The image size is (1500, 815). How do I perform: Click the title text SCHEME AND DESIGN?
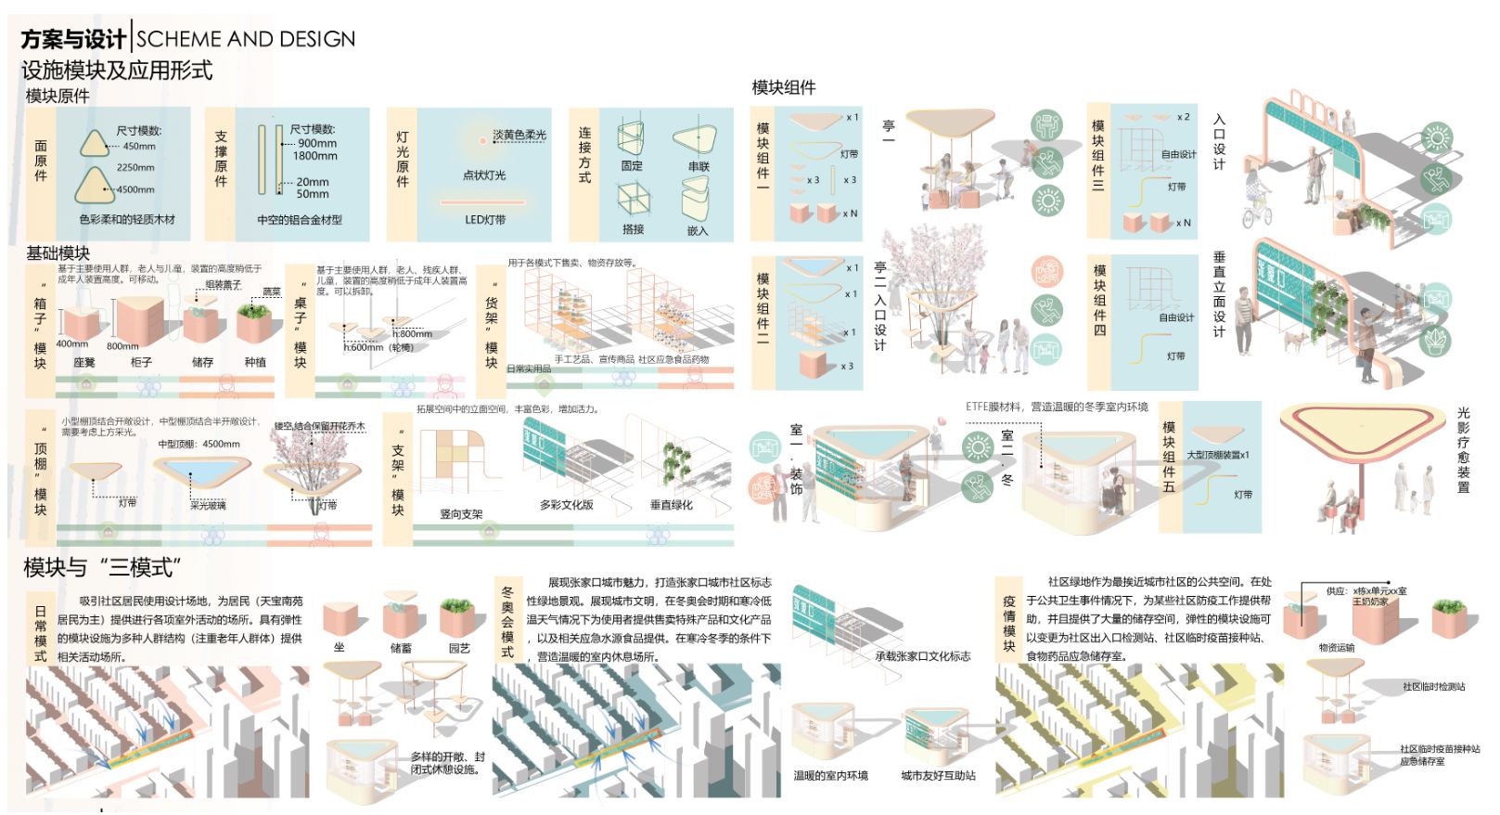(246, 39)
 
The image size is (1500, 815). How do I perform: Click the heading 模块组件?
(784, 87)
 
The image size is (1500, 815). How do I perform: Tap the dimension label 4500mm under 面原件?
(135, 189)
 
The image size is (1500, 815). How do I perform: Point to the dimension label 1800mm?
(314, 156)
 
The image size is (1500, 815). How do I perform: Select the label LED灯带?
(485, 220)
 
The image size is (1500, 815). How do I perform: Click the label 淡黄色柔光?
(519, 136)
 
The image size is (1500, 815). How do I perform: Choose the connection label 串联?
(698, 167)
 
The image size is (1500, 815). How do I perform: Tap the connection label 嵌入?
(698, 230)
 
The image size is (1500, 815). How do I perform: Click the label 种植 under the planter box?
(255, 362)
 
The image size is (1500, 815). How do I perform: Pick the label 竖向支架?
(461, 513)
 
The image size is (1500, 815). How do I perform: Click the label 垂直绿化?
(671, 505)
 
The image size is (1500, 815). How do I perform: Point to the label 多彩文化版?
(566, 505)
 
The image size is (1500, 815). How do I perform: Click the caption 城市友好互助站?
(938, 775)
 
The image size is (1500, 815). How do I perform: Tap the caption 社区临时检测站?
(1433, 687)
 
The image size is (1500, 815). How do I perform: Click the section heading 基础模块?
(58, 253)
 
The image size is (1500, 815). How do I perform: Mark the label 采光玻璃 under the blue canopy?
(208, 505)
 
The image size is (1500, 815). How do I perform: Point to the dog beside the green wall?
(1293, 341)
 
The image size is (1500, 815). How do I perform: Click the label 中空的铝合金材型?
(300, 220)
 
